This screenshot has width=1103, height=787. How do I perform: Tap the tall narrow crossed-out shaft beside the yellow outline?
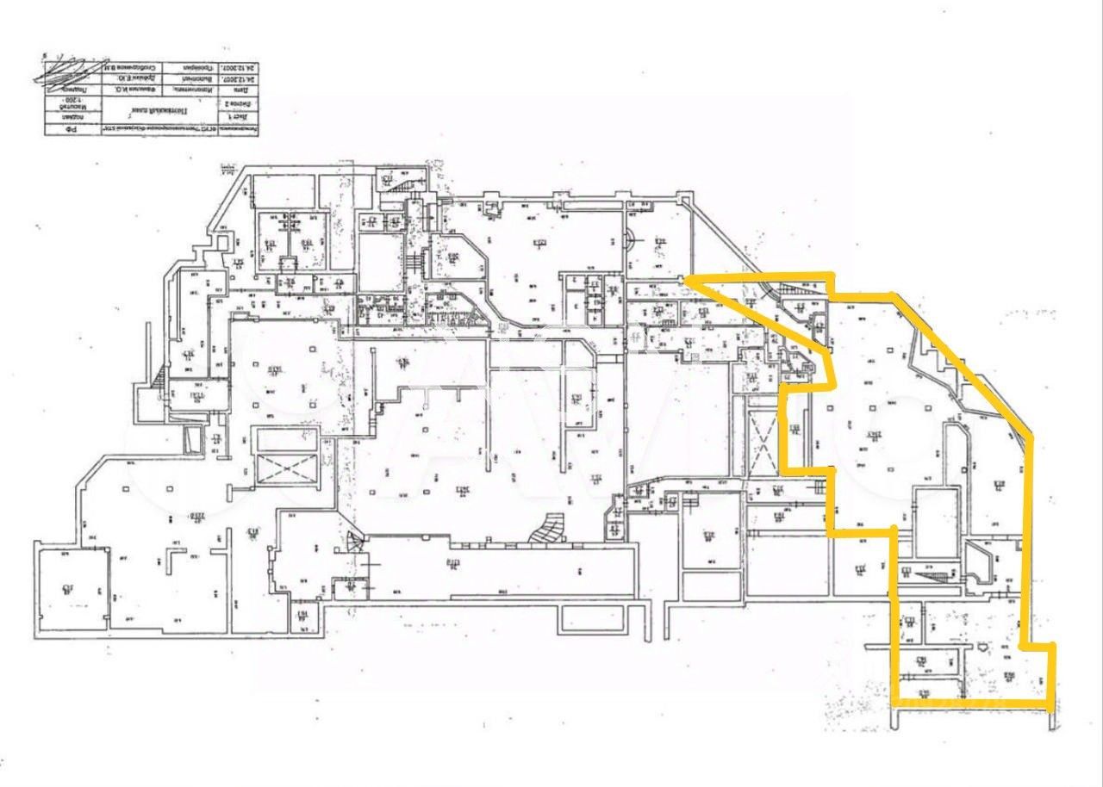point(763,440)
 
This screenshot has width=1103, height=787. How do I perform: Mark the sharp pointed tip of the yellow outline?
point(686,278)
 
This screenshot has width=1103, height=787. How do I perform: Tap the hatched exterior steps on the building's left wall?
point(157,378)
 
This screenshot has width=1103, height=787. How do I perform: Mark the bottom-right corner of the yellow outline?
point(1051,703)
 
